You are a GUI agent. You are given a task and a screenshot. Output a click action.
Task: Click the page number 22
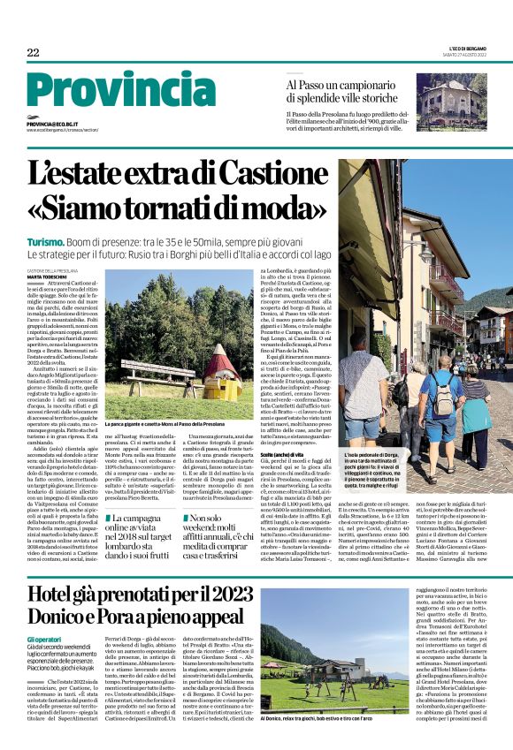coord(33,53)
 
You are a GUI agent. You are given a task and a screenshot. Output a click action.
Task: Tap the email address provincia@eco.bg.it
coord(51,125)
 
